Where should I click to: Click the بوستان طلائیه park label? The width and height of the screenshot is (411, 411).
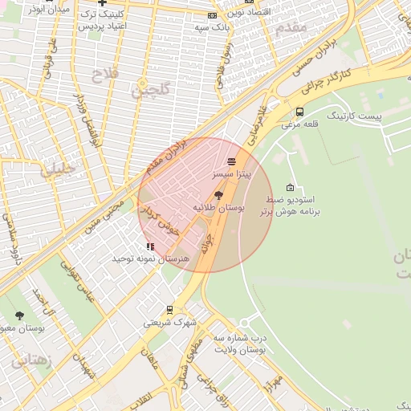(x=218, y=207)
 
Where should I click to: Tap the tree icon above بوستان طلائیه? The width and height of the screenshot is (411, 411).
(x=218, y=194)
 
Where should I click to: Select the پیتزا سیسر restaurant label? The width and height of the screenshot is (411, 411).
(x=231, y=173)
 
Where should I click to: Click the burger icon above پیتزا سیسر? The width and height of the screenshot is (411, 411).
(x=231, y=162)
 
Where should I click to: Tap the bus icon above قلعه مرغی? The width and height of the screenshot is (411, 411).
(x=299, y=112)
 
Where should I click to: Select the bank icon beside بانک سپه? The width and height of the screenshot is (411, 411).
(x=212, y=15)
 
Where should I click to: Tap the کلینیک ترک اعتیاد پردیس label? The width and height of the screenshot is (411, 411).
(x=104, y=20)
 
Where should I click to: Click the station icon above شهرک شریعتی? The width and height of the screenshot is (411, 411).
(x=169, y=310)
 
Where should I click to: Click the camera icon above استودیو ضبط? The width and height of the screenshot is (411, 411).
(x=290, y=186)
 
